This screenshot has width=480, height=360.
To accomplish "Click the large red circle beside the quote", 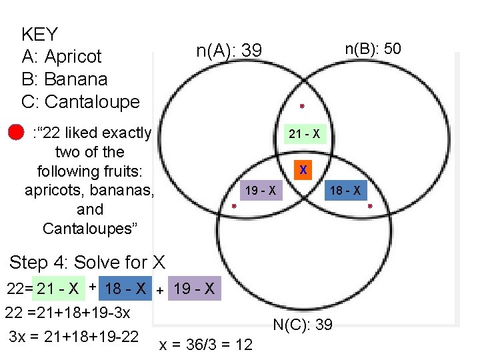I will (x=17, y=133).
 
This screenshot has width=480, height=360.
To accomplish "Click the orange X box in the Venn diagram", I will (x=303, y=170).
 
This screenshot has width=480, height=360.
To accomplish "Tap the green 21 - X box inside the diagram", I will (x=303, y=135).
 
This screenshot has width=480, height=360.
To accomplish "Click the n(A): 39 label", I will (x=229, y=51).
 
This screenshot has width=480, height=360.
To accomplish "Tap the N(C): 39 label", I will (x=303, y=325).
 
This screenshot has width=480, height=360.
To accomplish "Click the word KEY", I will (x=40, y=34).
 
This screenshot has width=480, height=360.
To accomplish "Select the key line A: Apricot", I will (x=61, y=57).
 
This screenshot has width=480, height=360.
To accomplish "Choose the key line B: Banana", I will (x=64, y=79).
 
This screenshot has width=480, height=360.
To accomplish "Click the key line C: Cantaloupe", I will (x=80, y=102).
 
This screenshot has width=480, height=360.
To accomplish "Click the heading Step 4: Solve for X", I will (x=87, y=262).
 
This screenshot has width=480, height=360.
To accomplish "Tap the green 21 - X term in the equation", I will (x=58, y=289).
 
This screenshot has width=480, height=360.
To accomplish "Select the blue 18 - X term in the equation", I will (x=125, y=289).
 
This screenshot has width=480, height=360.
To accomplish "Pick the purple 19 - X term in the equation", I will (x=193, y=289).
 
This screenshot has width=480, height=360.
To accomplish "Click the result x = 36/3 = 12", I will (x=206, y=345).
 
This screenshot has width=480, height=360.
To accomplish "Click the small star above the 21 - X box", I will (x=302, y=106).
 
